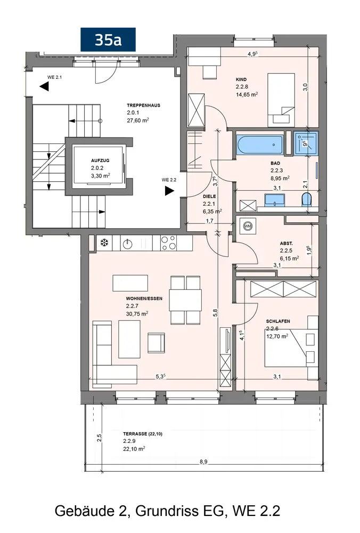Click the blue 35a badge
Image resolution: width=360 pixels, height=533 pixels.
pos(108,40)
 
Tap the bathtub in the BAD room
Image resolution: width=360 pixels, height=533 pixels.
pos(260,145)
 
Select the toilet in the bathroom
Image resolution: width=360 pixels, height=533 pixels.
pos(307,199)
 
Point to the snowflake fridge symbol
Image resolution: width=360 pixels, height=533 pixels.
pos(104,243)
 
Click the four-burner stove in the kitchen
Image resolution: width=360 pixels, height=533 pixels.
pos(168,243)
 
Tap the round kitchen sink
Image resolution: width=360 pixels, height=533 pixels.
pos(128,244)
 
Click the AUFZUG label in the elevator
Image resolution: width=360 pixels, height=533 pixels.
pos(100,160)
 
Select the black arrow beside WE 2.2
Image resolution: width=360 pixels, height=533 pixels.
pos(169,191)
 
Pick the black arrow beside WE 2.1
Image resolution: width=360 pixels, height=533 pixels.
pos(44,87)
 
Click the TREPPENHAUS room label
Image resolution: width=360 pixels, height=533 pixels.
pos(143,106)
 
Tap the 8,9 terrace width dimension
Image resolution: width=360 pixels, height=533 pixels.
pos(203,462)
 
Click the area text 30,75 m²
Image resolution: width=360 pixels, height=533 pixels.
pos(137,314)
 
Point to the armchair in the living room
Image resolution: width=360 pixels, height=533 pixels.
pos(156,343)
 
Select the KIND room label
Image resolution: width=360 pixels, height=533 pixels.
pos(241,79)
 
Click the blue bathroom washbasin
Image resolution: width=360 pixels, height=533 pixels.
pos(274,200)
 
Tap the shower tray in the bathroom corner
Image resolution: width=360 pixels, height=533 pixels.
pos(306,143)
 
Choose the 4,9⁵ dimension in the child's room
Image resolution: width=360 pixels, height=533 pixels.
pos(252,54)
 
